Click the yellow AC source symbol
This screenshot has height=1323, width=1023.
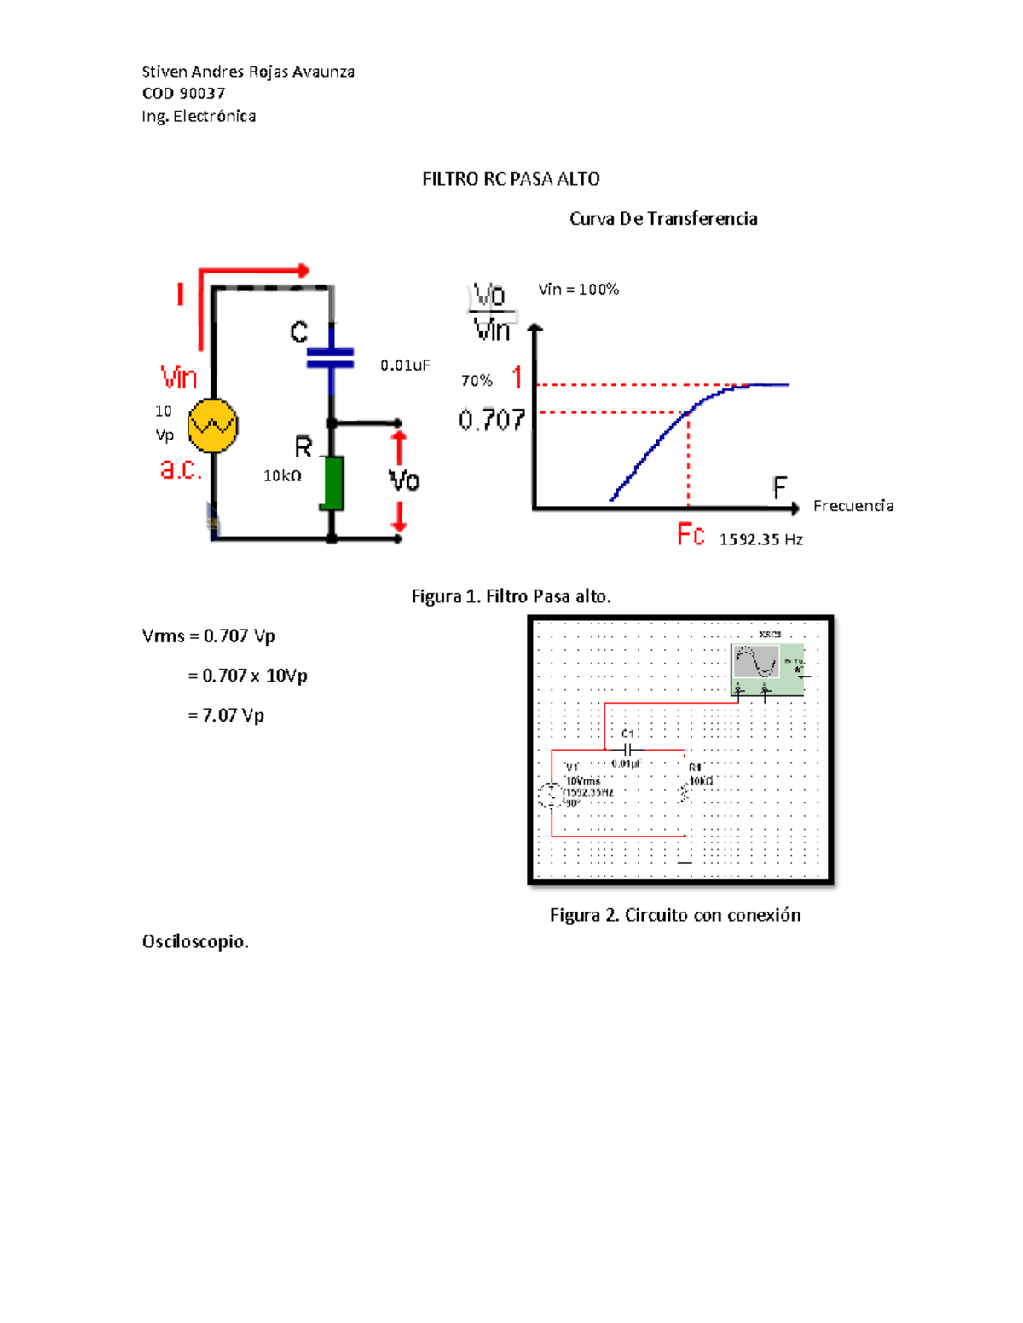tap(212, 425)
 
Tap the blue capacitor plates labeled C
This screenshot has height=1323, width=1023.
tap(331, 357)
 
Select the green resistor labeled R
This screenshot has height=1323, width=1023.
tap(332, 483)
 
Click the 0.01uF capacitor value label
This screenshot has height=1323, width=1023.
tap(405, 365)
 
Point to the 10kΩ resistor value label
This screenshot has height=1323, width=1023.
tap(282, 476)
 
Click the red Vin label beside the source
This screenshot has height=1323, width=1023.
tap(179, 377)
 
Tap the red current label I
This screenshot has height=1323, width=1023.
tap(180, 295)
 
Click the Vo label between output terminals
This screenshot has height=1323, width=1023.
tap(404, 481)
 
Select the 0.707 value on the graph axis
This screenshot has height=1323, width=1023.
tap(491, 420)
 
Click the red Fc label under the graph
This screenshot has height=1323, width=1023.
tap(691, 535)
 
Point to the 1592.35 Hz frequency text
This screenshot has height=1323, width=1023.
tap(760, 539)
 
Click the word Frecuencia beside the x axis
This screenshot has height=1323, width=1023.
tap(852, 506)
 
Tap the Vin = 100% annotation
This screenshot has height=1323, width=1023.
tap(578, 290)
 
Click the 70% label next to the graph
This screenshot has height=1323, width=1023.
tap(477, 381)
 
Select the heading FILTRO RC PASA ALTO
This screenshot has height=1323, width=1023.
tap(511, 179)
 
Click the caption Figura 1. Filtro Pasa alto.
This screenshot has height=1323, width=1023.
tap(511, 596)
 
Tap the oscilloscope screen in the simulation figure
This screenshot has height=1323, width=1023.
tap(755, 662)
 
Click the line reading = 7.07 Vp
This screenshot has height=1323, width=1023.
tap(226, 716)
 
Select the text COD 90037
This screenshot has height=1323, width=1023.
tap(183, 94)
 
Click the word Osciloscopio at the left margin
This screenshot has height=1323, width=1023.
tap(195, 941)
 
